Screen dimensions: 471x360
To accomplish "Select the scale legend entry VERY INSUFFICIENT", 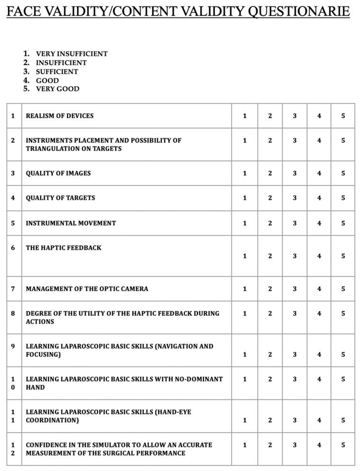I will click(x=72, y=54).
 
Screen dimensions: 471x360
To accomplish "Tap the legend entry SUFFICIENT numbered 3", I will click(x=57, y=72).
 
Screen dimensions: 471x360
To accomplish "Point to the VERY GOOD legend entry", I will click(x=57, y=89).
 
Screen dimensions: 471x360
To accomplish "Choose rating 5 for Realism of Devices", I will click(x=343, y=116).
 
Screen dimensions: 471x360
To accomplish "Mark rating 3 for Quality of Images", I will click(x=295, y=173).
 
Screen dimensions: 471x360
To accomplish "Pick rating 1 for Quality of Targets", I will click(x=245, y=198).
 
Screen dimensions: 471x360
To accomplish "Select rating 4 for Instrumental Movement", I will click(x=319, y=223).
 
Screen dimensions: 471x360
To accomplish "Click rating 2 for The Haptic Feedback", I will click(x=270, y=256).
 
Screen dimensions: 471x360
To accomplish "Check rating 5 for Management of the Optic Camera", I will click(x=343, y=289).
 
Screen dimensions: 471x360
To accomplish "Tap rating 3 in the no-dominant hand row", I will click(x=295, y=379).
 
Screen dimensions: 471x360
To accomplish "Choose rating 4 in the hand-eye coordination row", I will click(x=319, y=420).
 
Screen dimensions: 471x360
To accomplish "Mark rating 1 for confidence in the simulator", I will click(x=245, y=445).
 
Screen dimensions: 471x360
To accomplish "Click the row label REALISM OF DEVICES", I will click(x=60, y=116).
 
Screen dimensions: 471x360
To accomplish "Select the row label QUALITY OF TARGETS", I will click(x=60, y=198).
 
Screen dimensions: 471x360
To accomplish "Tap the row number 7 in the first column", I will click(x=13, y=289).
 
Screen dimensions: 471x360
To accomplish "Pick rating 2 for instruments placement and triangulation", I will click(x=270, y=140).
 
